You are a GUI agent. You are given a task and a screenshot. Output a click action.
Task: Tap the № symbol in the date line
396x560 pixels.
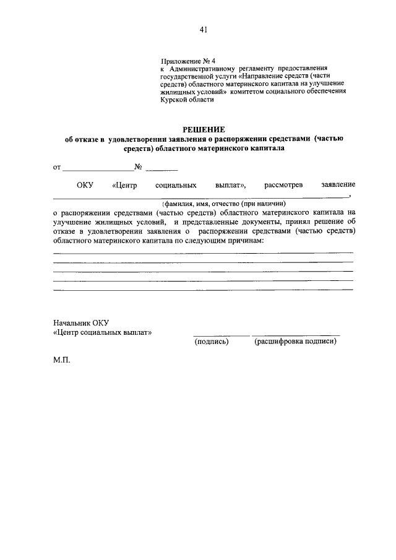tap(139, 166)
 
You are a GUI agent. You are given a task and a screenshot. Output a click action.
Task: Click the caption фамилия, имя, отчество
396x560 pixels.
tap(223, 203)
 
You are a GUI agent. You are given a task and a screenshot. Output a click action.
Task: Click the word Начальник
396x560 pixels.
tap(72, 323)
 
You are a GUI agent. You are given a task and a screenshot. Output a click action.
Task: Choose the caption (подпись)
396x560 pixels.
tap(212, 341)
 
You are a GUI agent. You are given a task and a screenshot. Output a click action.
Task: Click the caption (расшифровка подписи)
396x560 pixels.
tap(295, 341)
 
